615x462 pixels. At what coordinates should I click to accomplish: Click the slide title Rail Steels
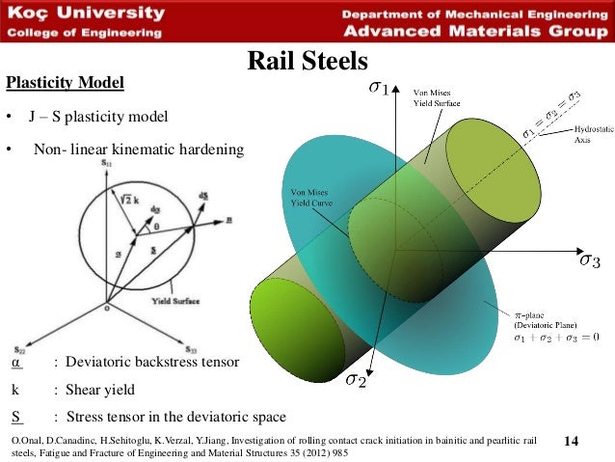[307, 62]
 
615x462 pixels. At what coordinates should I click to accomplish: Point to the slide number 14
[569, 441]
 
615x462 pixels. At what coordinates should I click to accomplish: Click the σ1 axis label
[379, 89]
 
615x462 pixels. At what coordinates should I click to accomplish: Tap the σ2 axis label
[356, 381]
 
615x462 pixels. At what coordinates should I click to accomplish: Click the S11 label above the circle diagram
[105, 167]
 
